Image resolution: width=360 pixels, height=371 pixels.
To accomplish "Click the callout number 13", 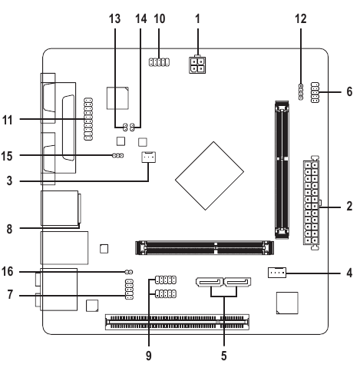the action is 114,18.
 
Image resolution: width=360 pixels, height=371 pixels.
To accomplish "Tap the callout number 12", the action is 301,18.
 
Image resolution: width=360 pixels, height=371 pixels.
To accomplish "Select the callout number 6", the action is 349,91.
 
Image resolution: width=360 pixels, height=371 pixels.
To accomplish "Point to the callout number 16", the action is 7,271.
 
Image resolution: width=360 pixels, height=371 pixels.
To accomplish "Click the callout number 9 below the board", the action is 149,356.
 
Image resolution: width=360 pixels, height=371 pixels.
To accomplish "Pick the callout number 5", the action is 224,356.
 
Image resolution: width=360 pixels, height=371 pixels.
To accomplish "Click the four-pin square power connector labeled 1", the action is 197,65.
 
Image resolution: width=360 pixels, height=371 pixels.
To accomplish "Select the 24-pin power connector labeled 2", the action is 312,202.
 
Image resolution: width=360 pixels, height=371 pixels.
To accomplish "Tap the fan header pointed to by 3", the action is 148,157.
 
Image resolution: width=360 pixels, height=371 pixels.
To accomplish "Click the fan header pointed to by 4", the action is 277,273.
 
